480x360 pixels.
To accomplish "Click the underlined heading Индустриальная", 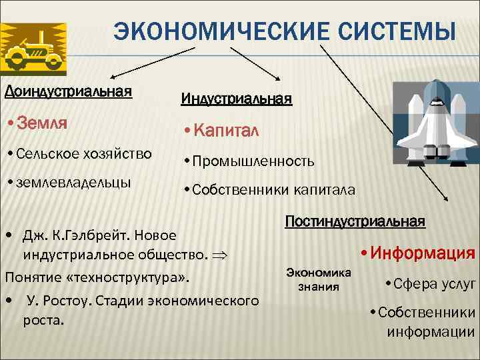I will point(237,99).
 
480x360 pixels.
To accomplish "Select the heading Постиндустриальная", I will point(355,221).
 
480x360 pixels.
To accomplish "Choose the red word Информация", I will point(422,253).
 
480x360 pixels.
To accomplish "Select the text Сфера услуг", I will point(434,283).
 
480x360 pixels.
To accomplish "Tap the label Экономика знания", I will point(319,279).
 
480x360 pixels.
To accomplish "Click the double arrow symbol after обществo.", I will point(221,255).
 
